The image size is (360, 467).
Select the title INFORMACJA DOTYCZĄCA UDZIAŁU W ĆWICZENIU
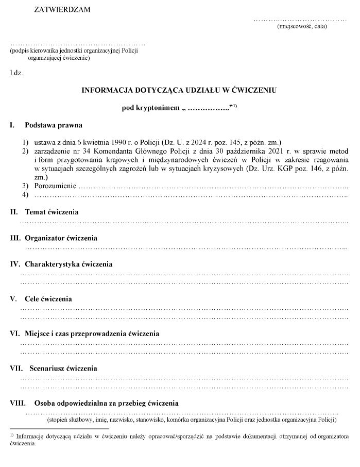coord(179,90)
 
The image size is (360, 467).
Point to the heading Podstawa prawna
coord(54,125)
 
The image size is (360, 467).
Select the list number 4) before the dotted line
coord(24,194)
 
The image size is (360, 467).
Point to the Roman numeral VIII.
coord(18,403)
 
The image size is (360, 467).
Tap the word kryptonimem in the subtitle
coord(155,108)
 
